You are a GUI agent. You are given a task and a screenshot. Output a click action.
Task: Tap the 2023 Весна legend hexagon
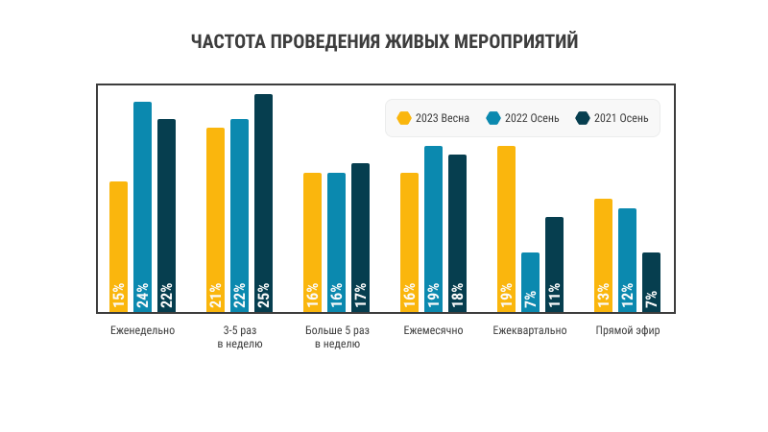(x=404, y=118)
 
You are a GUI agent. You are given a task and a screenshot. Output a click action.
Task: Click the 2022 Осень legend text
(x=528, y=118)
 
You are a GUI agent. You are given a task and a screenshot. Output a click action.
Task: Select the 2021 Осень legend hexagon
(x=582, y=118)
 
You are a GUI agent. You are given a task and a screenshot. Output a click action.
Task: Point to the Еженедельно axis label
(x=142, y=331)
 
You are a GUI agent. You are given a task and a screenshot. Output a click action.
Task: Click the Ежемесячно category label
(x=433, y=331)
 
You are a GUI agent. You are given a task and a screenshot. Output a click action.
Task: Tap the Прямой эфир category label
(x=628, y=331)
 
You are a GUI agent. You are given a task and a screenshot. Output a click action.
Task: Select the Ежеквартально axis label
(x=530, y=331)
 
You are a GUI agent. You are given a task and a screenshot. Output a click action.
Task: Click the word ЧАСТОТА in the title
(x=227, y=42)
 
